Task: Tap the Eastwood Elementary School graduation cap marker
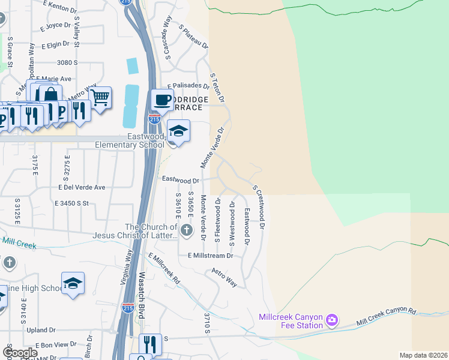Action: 178,130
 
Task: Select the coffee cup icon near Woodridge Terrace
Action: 161,100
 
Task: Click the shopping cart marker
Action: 100,96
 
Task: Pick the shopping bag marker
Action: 50,95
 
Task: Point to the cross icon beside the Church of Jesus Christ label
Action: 187,230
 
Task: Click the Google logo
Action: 20,352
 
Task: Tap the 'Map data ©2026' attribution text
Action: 423,355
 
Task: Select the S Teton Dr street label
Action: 217,87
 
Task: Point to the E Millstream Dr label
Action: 209,256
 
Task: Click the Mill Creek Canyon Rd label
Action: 386,317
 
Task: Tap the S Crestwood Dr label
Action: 259,207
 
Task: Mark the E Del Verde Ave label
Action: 82,187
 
